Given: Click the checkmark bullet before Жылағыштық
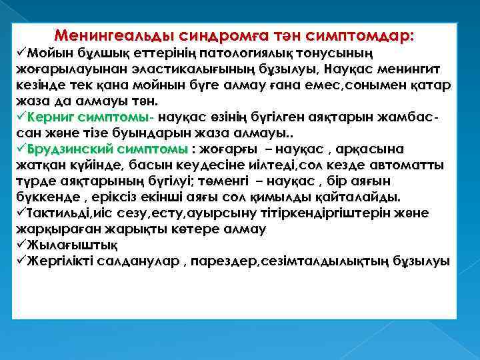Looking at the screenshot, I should [x=22, y=245].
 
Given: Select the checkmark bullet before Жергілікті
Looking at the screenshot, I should [x=22, y=261].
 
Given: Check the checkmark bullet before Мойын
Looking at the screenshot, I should [x=22, y=53].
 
